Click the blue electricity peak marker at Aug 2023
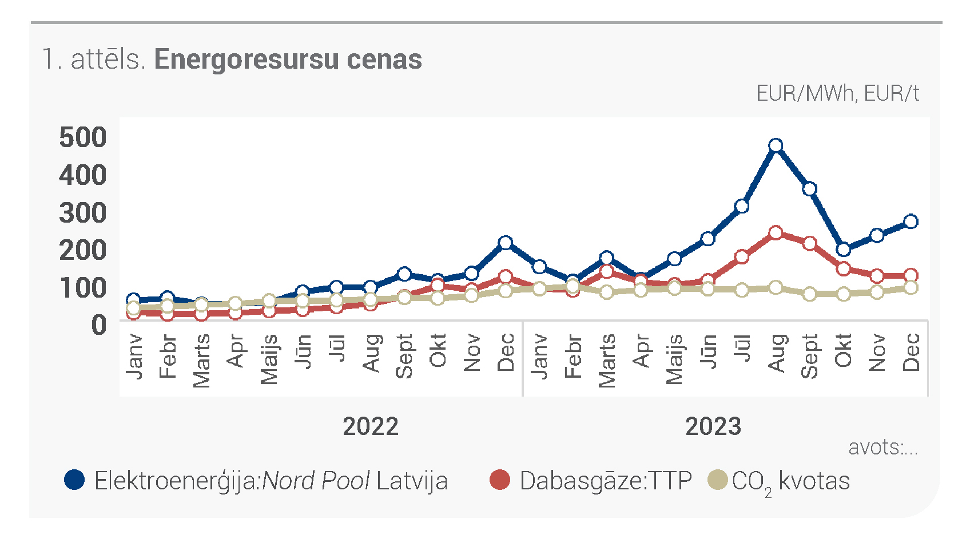(776, 145)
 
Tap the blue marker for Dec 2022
(506, 243)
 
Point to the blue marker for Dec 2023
(911, 221)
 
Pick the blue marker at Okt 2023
(844, 250)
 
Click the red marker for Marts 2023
(607, 271)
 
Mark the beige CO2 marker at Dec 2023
(911, 287)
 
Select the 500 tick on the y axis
(83, 137)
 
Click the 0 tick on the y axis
(99, 325)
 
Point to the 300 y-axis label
(83, 213)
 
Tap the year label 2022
(371, 426)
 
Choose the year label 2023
(713, 426)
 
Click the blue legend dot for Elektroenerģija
(74, 480)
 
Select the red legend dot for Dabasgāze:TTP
(500, 480)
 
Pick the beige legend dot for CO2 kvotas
(718, 480)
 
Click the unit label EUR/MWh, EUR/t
(837, 94)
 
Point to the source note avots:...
(883, 448)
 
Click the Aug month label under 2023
(776, 353)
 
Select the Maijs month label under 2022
(269, 359)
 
